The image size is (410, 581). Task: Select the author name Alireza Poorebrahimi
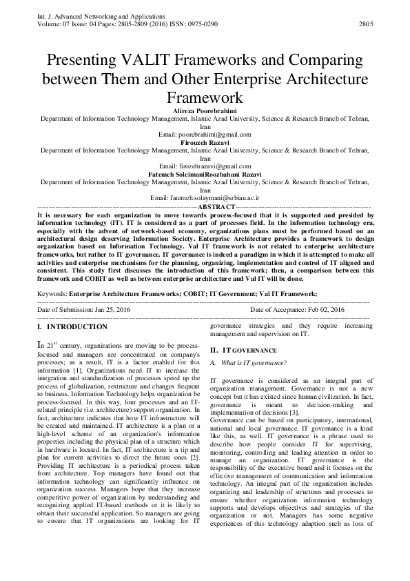pyautogui.click(x=204, y=109)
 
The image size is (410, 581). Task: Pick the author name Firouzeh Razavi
pyautogui.click(x=204, y=142)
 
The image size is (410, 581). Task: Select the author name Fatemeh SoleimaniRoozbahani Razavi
pyautogui.click(x=204, y=175)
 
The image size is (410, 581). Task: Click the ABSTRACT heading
pyautogui.click(x=216, y=206)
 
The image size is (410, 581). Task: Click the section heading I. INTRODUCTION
pyautogui.click(x=72, y=326)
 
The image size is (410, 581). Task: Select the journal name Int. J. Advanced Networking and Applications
pyautogui.click(x=93, y=15)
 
